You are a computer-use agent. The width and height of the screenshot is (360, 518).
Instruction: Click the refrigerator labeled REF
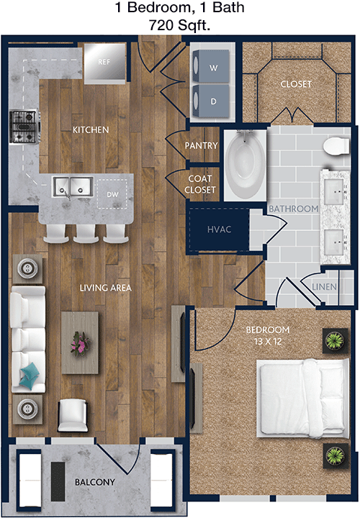pos(104,63)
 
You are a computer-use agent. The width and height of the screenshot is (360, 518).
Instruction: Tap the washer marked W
pos(210,67)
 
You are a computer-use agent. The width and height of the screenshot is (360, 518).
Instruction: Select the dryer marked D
pos(210,101)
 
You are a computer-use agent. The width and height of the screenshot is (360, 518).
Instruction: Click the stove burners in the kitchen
pos(24,127)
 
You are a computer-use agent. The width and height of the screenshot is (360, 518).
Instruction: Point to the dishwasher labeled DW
pos(112,194)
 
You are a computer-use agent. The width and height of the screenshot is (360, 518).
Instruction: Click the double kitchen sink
pos(73,187)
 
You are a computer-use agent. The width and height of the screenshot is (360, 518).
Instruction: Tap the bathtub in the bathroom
pos(245,165)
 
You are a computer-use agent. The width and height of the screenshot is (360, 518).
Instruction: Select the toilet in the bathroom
pos(336,145)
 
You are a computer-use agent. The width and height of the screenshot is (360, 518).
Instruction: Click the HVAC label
pos(219,230)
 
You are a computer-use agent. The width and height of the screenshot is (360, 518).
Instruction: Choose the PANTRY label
pos(202,145)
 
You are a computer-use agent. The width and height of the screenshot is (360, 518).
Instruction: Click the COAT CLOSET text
pos(200,184)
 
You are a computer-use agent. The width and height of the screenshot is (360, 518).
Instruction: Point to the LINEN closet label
pos(324,287)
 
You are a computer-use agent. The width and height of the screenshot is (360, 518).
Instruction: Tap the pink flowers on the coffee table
pos(80,344)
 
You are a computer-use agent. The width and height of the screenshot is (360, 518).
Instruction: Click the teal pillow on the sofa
pos(30,376)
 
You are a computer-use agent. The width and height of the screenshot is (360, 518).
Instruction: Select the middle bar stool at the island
pos(86,233)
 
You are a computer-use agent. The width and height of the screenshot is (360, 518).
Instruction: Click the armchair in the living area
pos(73,415)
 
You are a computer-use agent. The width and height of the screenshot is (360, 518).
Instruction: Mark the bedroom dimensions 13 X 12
pos(268,342)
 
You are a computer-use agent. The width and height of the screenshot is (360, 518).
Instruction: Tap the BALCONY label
pos(95,482)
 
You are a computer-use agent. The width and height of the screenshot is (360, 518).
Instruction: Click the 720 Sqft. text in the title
pos(179,24)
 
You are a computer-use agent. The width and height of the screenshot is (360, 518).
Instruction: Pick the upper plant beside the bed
pos(335,340)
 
